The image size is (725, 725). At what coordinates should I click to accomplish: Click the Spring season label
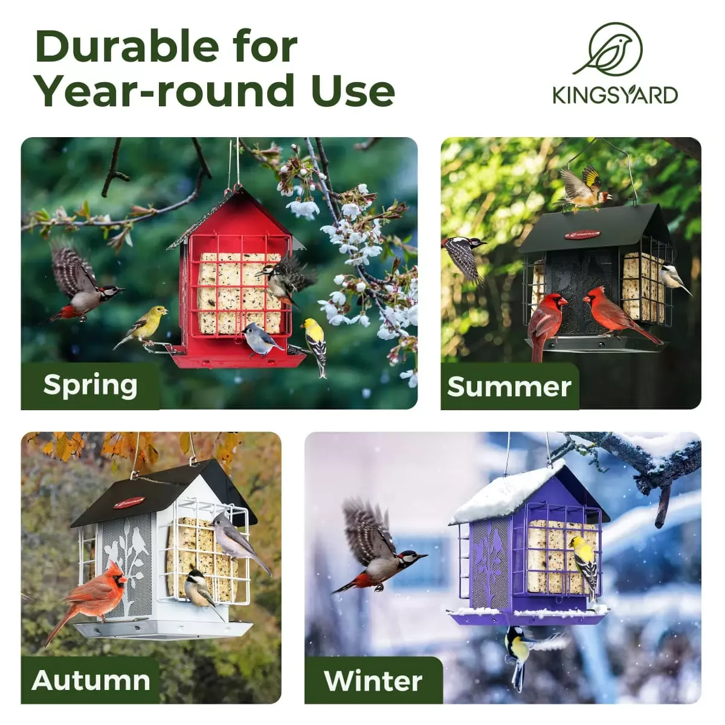pos(90,385)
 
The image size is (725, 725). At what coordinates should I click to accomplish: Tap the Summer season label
pos(509,387)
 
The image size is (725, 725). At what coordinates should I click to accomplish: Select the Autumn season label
pos(91,680)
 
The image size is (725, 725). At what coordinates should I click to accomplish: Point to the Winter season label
pos(373,681)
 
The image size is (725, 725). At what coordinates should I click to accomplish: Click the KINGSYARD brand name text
pos(614,95)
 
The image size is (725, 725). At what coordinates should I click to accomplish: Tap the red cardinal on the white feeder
pos(91,595)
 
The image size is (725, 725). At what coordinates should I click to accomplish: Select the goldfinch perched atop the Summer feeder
pos(583,187)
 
